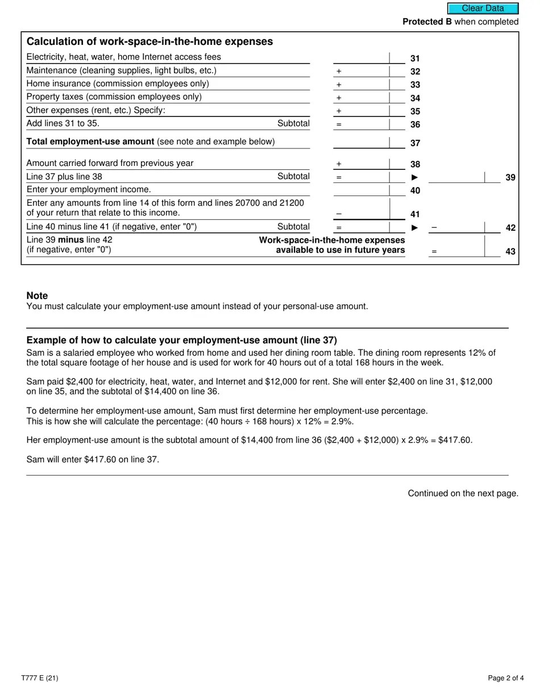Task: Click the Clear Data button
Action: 483,9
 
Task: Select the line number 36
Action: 415,124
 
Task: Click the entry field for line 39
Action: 456,177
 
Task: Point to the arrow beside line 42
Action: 414,227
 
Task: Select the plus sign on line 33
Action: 339,85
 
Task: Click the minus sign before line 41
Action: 339,214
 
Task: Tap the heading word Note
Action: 37,296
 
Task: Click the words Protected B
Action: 423,22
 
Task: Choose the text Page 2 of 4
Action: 506,678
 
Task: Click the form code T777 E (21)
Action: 40,678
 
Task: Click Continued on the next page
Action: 463,493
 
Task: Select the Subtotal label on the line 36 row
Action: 293,123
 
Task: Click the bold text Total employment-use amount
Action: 90,142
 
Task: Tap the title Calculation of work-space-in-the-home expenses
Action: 149,41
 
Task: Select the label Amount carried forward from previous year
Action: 110,163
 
